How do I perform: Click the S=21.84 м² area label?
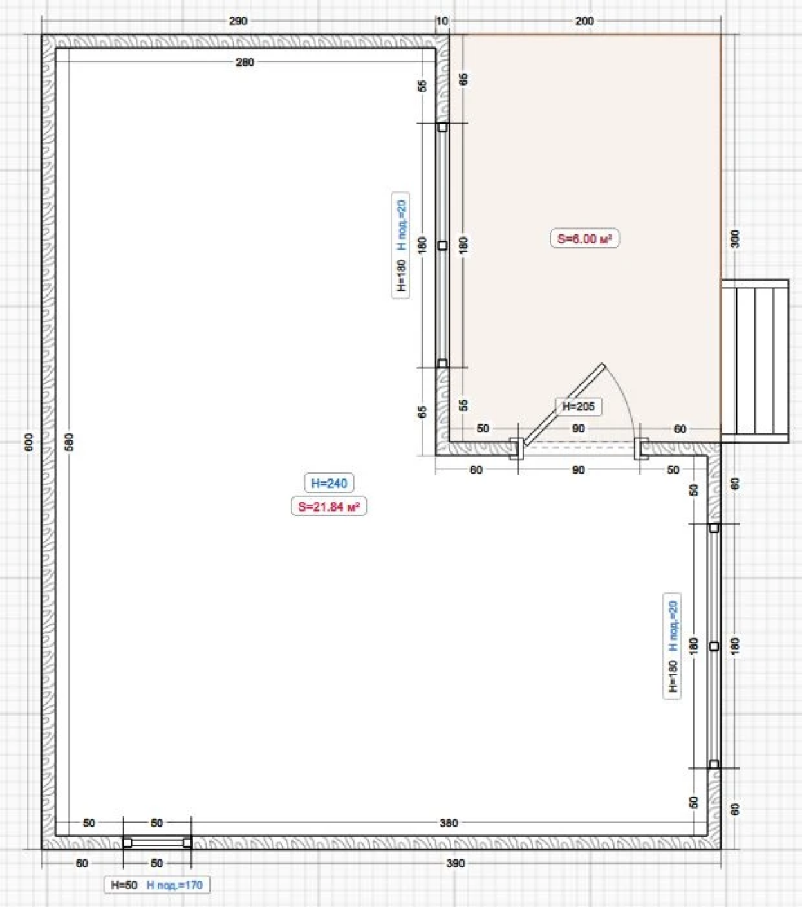pyautogui.click(x=328, y=507)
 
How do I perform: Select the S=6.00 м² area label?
pyautogui.click(x=585, y=239)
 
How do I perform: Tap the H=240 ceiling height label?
pyautogui.click(x=328, y=483)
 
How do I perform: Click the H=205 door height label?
pyautogui.click(x=579, y=406)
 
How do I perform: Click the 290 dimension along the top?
pyautogui.click(x=238, y=21)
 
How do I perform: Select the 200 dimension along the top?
pyautogui.click(x=584, y=21)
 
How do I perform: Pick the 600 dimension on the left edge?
pyautogui.click(x=29, y=442)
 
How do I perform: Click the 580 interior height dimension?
pyautogui.click(x=69, y=442)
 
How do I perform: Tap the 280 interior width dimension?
pyautogui.click(x=245, y=62)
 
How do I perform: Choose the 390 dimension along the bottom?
pyautogui.click(x=456, y=863)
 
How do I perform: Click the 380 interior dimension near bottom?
pyautogui.click(x=449, y=823)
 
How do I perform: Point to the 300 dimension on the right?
pyautogui.click(x=735, y=239)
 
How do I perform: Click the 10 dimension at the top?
pyautogui.click(x=442, y=21)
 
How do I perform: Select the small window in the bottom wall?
pyautogui.click(x=157, y=843)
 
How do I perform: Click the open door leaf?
pyautogui.click(x=565, y=404)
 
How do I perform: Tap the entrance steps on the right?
pyautogui.click(x=755, y=361)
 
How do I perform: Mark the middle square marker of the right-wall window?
pyautogui.click(x=714, y=646)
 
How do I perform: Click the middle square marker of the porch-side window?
pyautogui.click(x=442, y=245)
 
